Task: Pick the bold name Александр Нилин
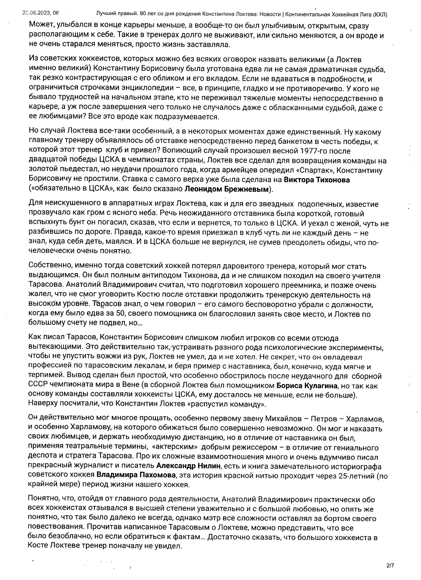click(188, 466)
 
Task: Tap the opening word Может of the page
click(41, 26)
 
